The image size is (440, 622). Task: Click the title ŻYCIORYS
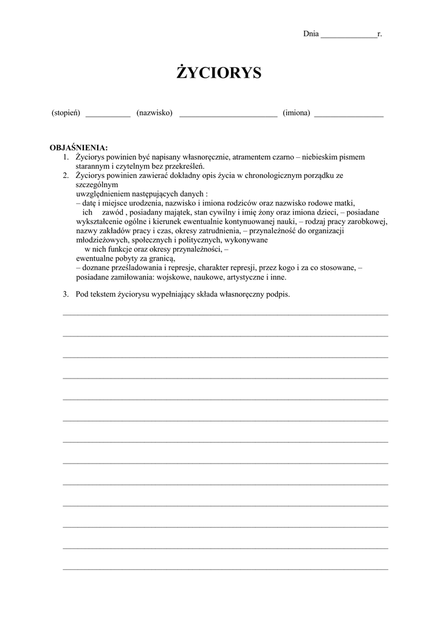pyautogui.click(x=219, y=73)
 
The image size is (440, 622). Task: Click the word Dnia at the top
pyautogui.click(x=311, y=34)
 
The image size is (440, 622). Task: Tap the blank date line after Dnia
pyautogui.click(x=348, y=36)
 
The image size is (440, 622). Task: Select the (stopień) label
pyautogui.click(x=66, y=113)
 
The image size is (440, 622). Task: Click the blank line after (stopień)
pyautogui.click(x=108, y=115)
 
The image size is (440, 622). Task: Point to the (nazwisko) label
pyautogui.click(x=154, y=113)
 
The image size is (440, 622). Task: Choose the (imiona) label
pyautogui.click(x=297, y=113)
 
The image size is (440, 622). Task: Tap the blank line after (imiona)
pyautogui.click(x=349, y=115)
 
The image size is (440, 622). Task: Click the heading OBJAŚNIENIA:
pyautogui.click(x=78, y=148)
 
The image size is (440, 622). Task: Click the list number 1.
pyautogui.click(x=66, y=157)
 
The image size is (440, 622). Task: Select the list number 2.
pyautogui.click(x=66, y=176)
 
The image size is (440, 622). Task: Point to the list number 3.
pyautogui.click(x=66, y=295)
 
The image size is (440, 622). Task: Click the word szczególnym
pyautogui.click(x=97, y=185)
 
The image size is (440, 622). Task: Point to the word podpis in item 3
pyautogui.click(x=279, y=295)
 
